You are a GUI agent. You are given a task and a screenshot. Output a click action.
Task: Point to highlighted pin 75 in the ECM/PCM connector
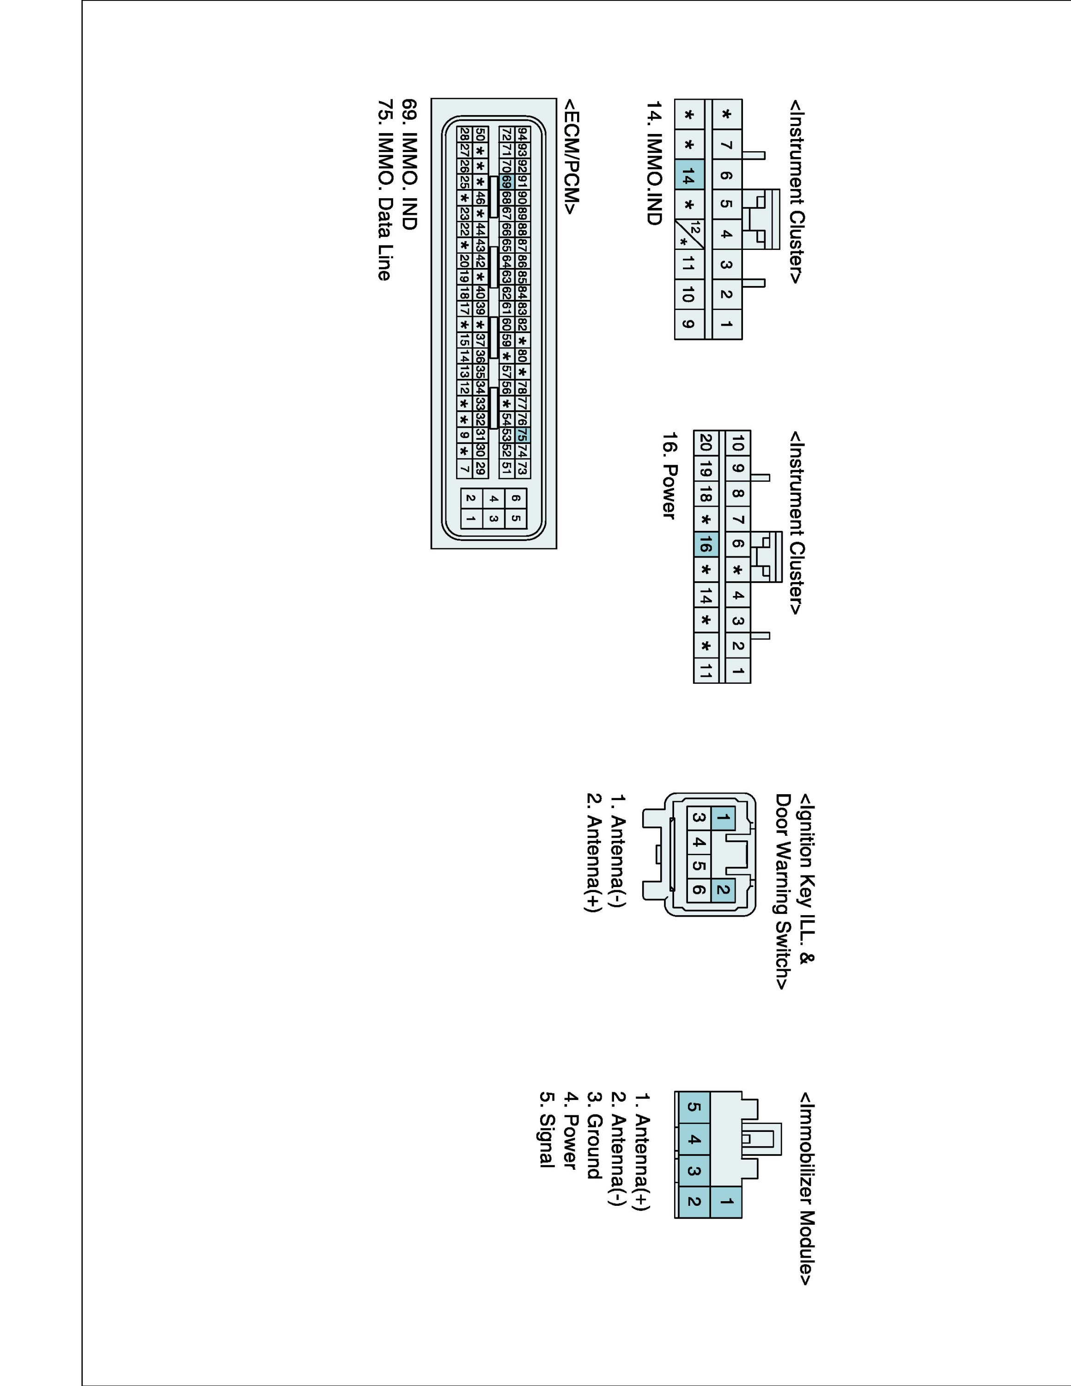tap(522, 435)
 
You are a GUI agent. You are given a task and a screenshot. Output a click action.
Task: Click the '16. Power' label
tap(669, 476)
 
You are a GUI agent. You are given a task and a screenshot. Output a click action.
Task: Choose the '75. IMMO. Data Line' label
tap(384, 190)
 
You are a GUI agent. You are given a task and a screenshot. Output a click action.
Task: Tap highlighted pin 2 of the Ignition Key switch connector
tap(722, 889)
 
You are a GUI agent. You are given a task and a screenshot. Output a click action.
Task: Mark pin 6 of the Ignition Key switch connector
tap(699, 889)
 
